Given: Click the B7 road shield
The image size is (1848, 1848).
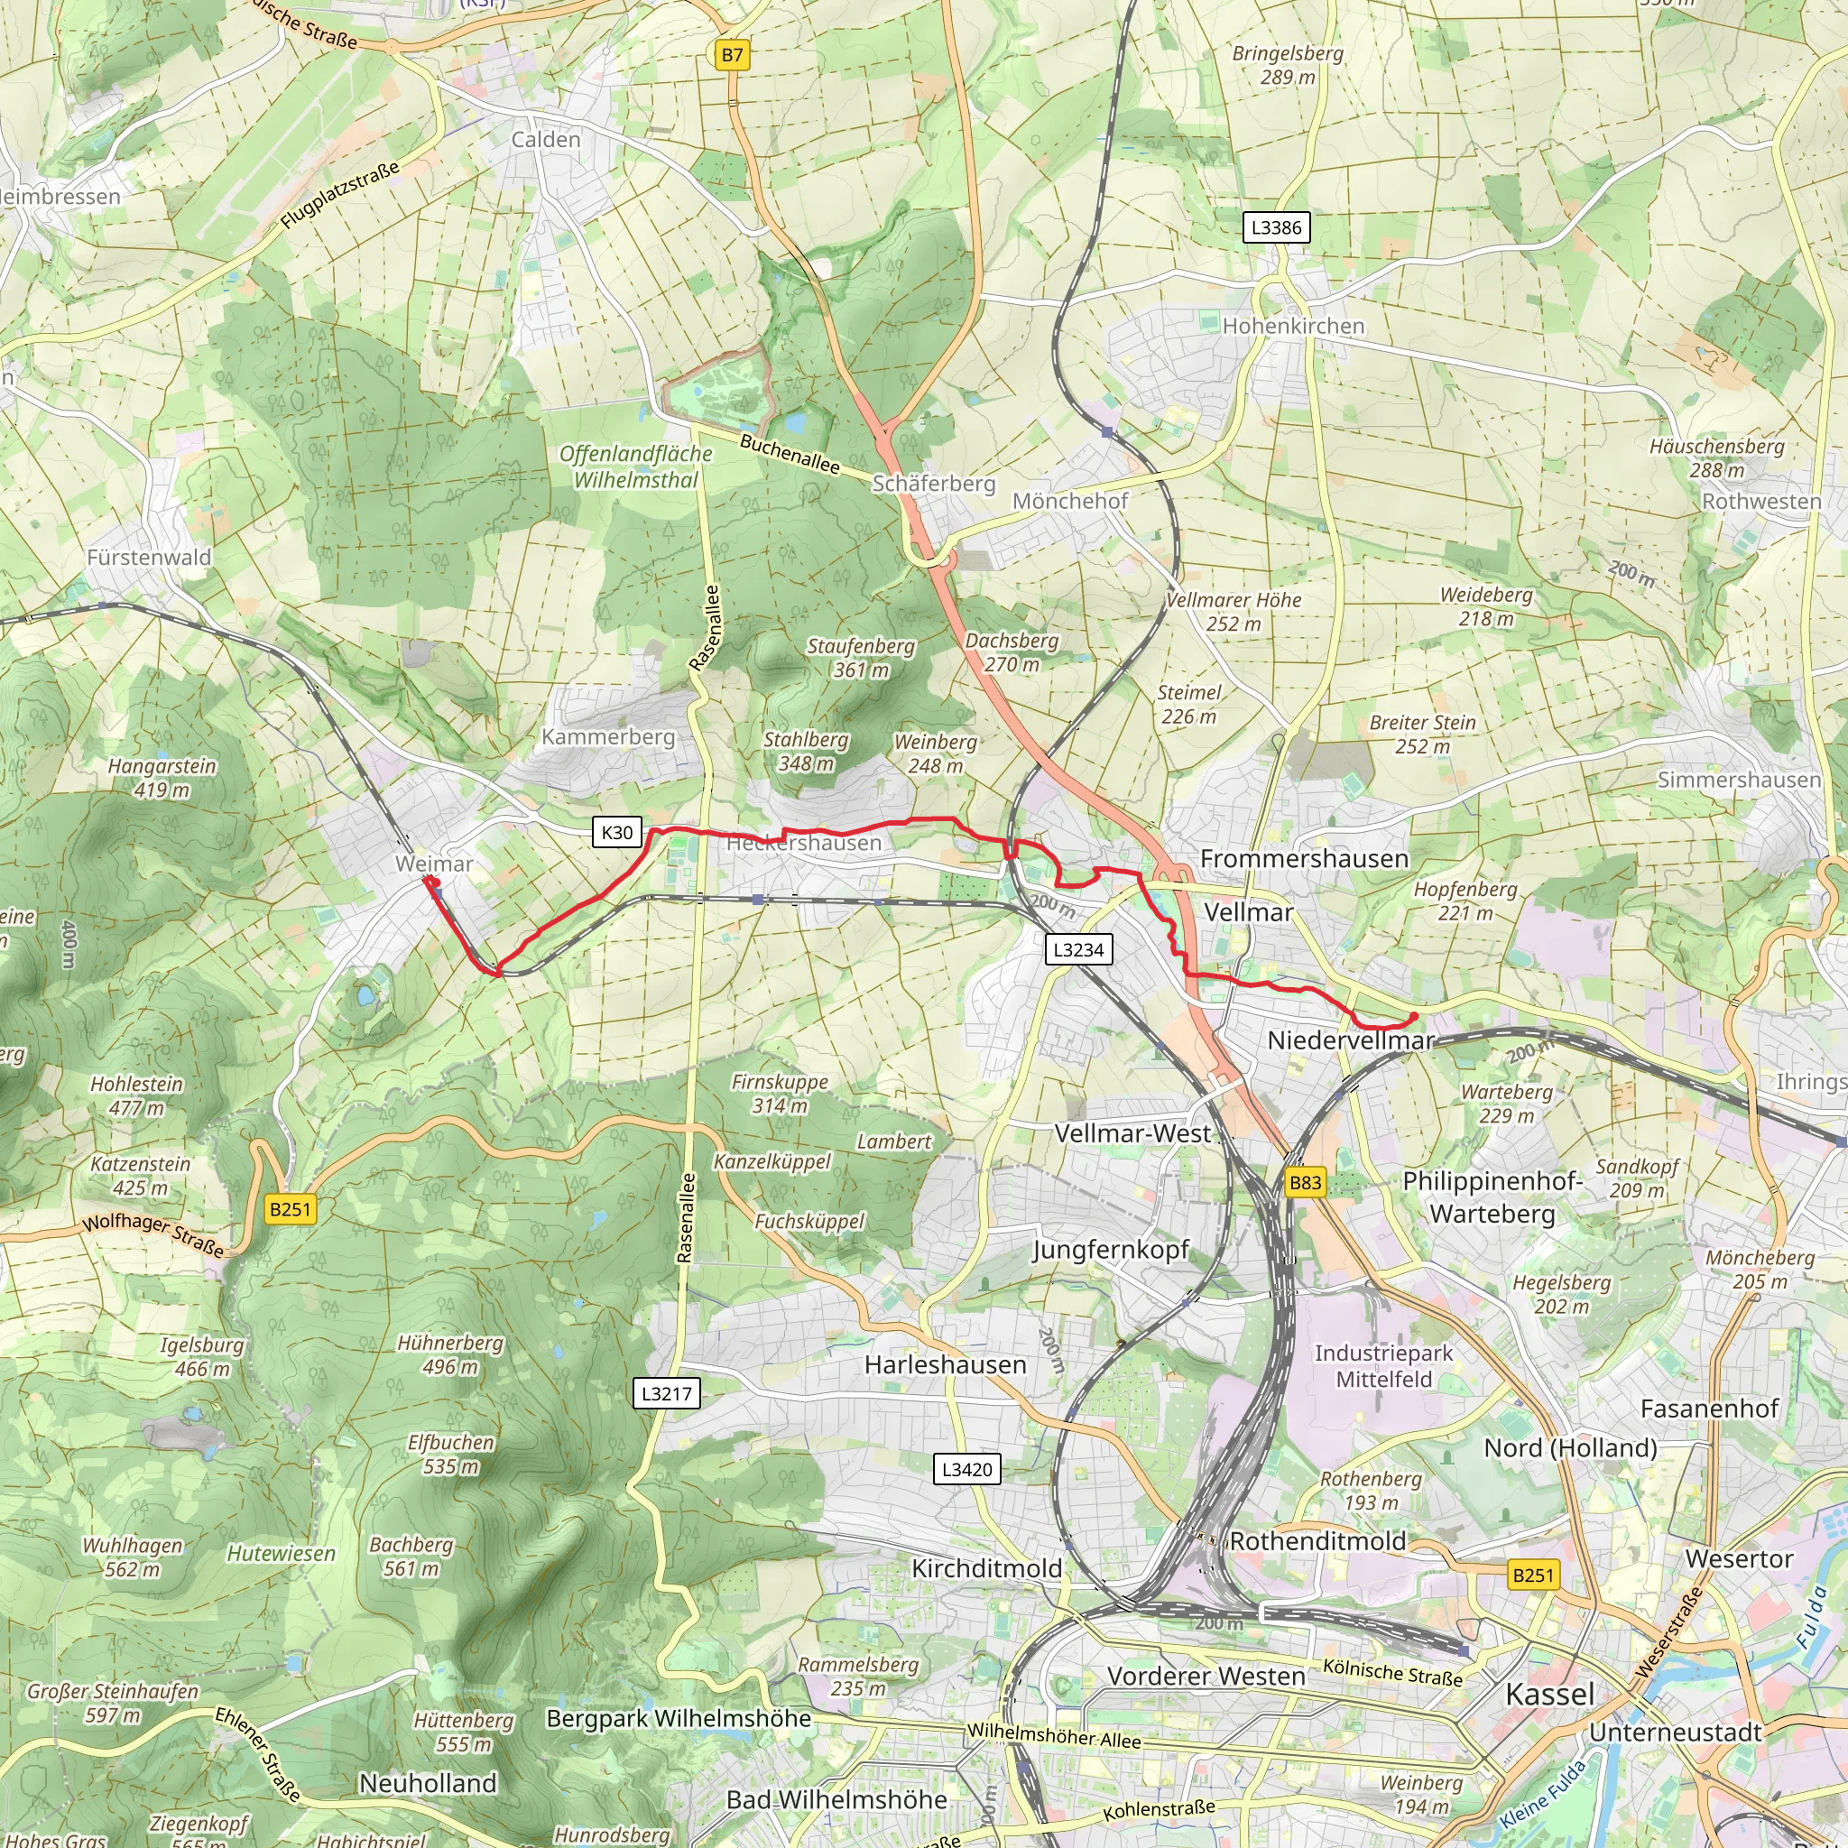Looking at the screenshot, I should (x=732, y=55).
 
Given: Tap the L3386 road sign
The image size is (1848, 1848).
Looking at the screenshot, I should (x=1276, y=227).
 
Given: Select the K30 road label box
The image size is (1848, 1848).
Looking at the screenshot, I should (x=617, y=832).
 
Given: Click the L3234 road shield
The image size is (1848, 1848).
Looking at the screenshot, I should (x=1078, y=950).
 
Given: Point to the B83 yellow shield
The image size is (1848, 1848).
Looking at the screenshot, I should (x=1305, y=1182).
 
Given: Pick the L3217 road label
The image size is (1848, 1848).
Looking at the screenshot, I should (x=666, y=1392).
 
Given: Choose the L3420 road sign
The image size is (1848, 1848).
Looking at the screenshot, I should (x=967, y=1469).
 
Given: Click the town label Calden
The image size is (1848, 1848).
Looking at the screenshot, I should (x=545, y=140).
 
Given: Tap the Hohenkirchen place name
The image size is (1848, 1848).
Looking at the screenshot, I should (x=1293, y=326).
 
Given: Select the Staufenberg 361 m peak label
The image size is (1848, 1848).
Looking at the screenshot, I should (x=861, y=658).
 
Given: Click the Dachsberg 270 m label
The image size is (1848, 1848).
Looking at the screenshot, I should (x=1012, y=652).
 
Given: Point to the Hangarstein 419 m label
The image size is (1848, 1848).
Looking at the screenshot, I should (x=162, y=778).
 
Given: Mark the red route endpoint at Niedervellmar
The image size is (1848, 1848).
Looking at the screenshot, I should (x=1414, y=1016).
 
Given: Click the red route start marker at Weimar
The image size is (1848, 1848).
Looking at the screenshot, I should (x=430, y=882).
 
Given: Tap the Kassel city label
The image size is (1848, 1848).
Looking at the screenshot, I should (x=1549, y=1694).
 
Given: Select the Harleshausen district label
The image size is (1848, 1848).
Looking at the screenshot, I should (x=945, y=1365).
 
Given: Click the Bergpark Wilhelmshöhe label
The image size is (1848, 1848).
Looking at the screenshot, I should (x=679, y=1718).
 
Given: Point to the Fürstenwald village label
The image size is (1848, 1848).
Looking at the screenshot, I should (x=148, y=557).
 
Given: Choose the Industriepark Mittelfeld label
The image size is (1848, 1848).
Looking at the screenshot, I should (x=1383, y=1366).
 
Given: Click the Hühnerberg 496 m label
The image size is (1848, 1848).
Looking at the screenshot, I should (x=449, y=1354).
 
